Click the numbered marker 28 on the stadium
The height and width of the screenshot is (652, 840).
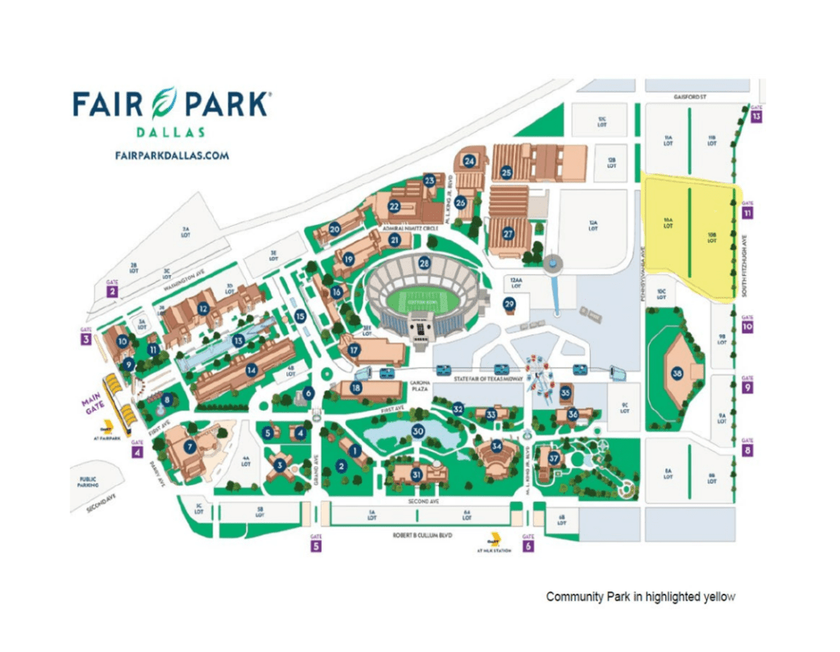424,264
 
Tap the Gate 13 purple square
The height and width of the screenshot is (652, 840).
756,117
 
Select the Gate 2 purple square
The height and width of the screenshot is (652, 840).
112,291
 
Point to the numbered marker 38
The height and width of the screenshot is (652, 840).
677,374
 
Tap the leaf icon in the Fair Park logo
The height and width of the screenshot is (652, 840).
171,103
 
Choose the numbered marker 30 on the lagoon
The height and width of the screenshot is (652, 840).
418,431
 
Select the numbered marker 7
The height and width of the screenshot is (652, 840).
190,447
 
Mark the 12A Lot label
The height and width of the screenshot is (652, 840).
592,223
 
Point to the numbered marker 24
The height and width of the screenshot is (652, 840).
470,161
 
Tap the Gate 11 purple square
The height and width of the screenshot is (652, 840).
747,213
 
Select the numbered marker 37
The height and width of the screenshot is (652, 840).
555,458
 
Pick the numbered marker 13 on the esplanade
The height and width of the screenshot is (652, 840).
238,340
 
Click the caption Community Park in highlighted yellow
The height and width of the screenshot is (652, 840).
641,597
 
